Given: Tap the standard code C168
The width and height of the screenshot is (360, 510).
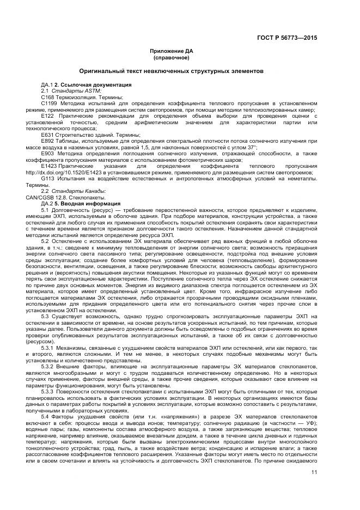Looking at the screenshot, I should click(47, 96).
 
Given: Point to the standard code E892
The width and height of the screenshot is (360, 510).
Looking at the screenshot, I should click(47, 141).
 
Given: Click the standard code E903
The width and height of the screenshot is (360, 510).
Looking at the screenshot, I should click(47, 153).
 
